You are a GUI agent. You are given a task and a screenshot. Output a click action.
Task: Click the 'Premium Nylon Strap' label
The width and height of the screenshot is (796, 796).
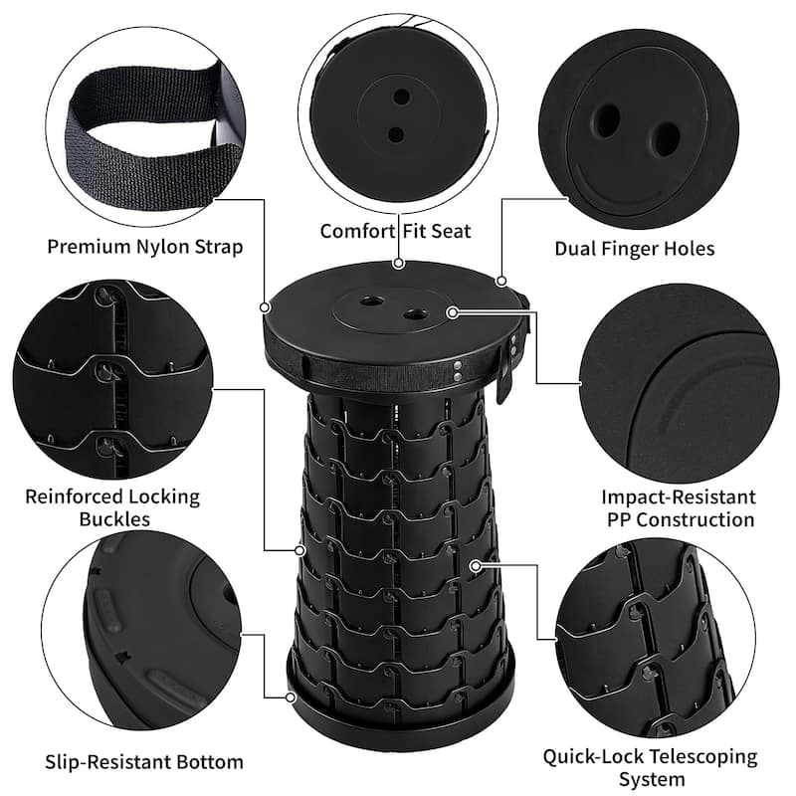coord(144,247)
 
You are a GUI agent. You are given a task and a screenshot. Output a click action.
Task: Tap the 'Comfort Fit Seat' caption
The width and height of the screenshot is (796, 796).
coord(395,231)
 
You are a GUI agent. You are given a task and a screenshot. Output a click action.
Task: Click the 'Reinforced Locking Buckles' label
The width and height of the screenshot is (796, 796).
coord(112,507)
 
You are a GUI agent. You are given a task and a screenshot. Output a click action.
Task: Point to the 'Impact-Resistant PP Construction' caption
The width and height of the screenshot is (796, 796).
coord(678,507)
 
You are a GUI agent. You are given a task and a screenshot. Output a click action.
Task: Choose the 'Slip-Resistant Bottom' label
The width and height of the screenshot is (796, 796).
coord(143,762)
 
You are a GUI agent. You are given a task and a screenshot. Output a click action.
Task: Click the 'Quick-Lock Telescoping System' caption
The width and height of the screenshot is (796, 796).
coord(649,768)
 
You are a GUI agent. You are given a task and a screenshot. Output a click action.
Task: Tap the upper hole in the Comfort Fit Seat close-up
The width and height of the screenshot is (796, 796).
coord(401,98)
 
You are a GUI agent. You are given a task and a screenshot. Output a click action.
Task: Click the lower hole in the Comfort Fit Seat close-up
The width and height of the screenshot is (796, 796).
coord(396,133)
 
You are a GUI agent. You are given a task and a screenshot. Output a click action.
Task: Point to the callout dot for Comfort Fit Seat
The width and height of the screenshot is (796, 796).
coord(398,265)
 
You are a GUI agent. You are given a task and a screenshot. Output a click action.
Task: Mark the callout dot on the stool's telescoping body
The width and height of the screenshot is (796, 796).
coord(477,565)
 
